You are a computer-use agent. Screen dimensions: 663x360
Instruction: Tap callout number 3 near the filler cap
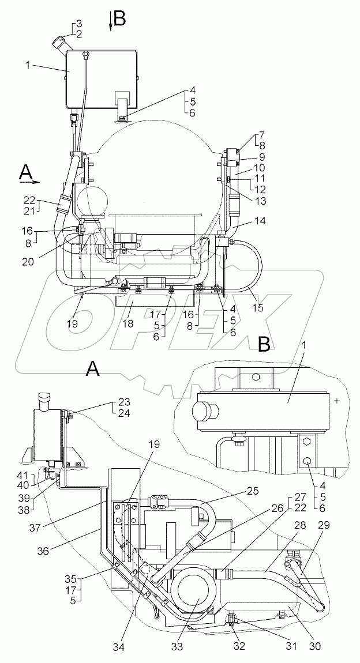pyautogui.click(x=79, y=24)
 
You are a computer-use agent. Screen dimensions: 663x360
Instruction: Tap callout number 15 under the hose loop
pyautogui.click(x=257, y=307)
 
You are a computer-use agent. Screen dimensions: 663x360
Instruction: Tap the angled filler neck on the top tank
pyautogui.click(x=59, y=44)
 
